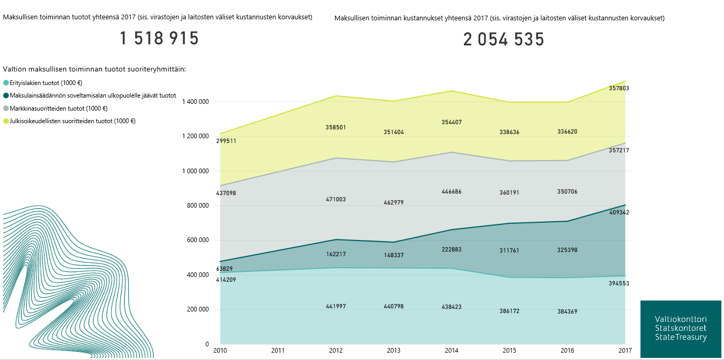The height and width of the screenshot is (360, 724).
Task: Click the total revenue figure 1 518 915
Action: tap(159, 39)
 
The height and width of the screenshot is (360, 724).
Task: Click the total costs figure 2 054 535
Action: tap(504, 40)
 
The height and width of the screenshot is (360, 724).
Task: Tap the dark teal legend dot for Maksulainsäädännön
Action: tap(6, 96)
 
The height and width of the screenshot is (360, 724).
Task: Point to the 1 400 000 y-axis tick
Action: tap(195, 102)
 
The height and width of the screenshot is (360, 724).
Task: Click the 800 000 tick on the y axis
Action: tap(198, 206)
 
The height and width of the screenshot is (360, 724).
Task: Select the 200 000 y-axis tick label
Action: tap(198, 309)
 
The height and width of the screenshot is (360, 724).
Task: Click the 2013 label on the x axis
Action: tap(394, 351)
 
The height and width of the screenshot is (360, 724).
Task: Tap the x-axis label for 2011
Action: tap(278, 351)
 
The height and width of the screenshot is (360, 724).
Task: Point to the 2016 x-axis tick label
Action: tap(567, 351)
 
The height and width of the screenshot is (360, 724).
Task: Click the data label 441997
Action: tap(336, 306)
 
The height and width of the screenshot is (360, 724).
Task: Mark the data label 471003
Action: tap(336, 199)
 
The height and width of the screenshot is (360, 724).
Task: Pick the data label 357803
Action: tap(619, 89)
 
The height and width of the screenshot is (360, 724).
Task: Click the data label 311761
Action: tap(510, 250)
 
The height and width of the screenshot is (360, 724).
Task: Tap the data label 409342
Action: tap(619, 213)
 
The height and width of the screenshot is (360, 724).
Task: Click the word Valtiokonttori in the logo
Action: tap(681, 319)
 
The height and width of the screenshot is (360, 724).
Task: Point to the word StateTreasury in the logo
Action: tap(681, 338)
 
